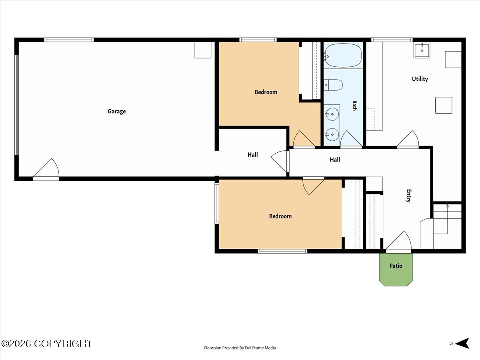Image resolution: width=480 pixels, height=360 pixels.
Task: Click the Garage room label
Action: pos(116,112)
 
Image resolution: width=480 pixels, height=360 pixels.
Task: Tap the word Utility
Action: pos(420,79)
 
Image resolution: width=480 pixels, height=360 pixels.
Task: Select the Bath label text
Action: pos(354,106)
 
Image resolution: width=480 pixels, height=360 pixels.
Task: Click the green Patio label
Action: pos(396,266)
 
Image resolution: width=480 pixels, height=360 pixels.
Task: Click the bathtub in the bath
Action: pos(343,56)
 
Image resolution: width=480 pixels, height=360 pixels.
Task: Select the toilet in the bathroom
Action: pos(333,85)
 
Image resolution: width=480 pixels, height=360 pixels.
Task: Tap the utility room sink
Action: pos(422,50)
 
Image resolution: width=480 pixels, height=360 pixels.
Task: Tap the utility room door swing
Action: pos(408,139)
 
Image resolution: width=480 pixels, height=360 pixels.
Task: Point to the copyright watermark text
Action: pos(46,344)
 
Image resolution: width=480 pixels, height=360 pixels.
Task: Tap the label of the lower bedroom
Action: pos(280,216)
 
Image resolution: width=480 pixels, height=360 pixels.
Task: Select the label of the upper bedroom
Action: pos(266,92)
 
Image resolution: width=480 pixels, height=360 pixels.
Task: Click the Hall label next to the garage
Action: pos(252,155)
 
